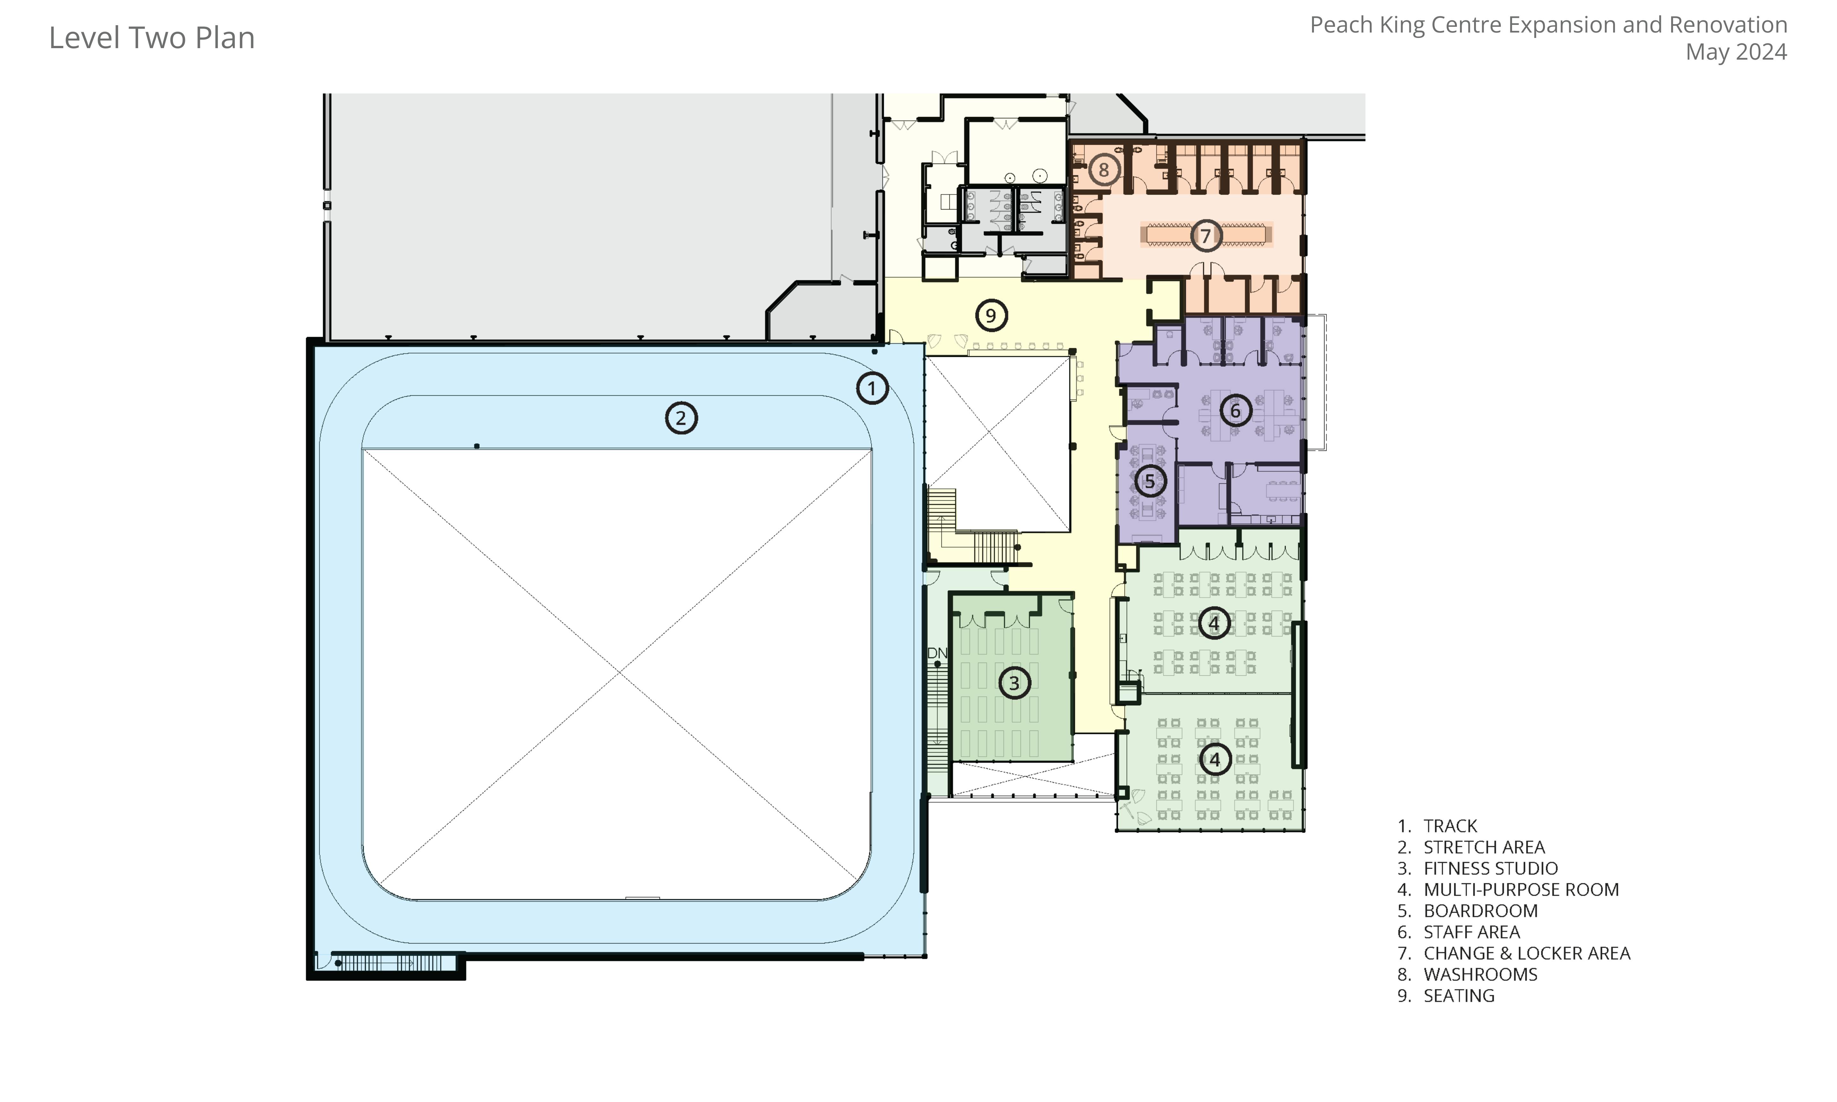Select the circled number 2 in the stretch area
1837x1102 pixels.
coord(681,418)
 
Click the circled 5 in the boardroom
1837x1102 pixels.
coord(1149,481)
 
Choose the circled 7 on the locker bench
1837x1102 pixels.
coord(1206,235)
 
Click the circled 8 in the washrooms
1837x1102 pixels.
coord(1103,170)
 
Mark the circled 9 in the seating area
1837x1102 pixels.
coord(991,316)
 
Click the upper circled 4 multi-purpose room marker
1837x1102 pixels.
coord(1214,623)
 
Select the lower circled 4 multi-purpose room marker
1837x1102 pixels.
coord(1215,759)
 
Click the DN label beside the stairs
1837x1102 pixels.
coord(937,653)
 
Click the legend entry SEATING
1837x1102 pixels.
coord(1458,996)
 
